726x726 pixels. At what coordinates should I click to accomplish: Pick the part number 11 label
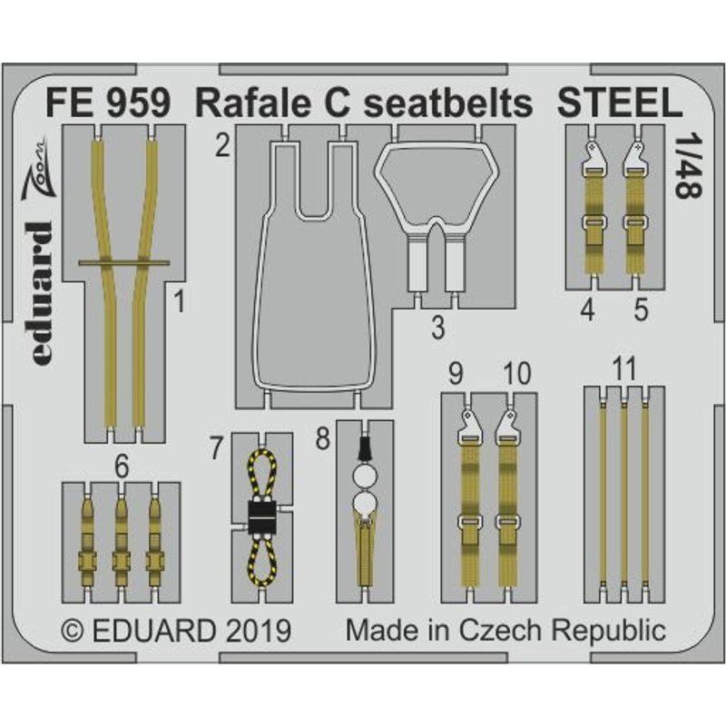(x=623, y=369)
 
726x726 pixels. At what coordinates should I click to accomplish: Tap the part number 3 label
(x=437, y=328)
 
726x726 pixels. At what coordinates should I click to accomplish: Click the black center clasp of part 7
(x=260, y=518)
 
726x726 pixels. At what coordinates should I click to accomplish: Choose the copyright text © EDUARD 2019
(x=174, y=631)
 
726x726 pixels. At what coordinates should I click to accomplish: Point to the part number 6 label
(x=123, y=467)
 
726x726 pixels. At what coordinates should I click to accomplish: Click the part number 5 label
(x=642, y=310)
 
